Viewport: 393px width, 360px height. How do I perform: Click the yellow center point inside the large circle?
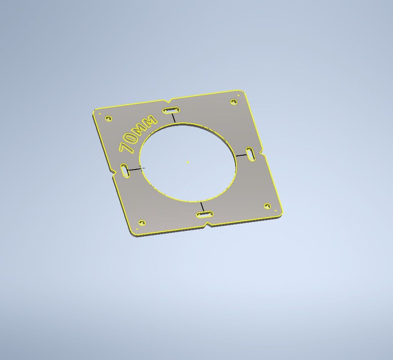click(188, 162)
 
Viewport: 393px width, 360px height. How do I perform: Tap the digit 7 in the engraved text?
click(125, 148)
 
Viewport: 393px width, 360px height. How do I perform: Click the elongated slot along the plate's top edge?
click(171, 110)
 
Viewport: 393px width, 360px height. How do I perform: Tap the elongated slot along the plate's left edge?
click(125, 171)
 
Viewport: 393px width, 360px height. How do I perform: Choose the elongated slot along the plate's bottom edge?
click(205, 215)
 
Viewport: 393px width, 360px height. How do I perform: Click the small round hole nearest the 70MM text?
click(108, 118)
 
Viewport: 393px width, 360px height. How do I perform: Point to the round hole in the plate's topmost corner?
click(234, 102)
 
